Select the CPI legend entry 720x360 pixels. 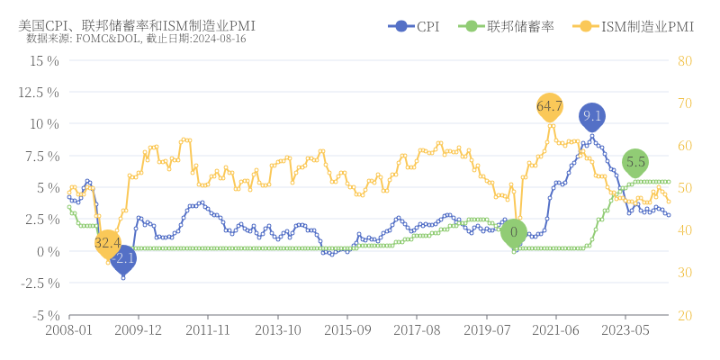pos(415,27)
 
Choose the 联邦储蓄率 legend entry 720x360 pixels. pos(505,27)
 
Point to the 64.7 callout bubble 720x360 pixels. pos(549,106)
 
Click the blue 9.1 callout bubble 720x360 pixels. pos(591,116)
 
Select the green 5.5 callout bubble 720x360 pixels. pos(635,163)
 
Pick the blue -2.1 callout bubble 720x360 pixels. pos(124,258)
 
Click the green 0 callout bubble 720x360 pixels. pos(514,232)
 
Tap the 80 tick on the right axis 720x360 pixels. pos(684,60)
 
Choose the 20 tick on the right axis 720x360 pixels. pos(684,315)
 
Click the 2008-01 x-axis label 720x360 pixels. pos(69,330)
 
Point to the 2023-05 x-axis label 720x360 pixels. pos(625,330)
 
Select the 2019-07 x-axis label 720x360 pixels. pos(486,330)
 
